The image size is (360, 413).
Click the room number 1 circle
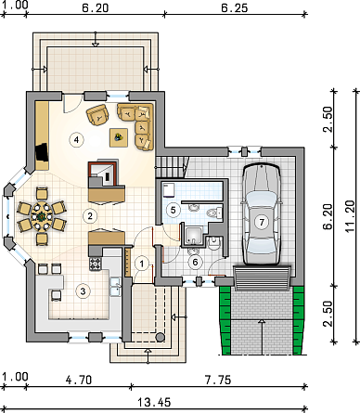[142, 264]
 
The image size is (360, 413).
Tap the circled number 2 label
[90, 215]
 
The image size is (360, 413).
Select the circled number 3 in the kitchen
[83, 291]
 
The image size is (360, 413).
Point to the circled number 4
[76, 139]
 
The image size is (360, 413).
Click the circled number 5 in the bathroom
[174, 210]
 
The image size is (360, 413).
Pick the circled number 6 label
[195, 263]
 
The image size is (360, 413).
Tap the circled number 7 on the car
[262, 222]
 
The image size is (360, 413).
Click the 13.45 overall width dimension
[154, 402]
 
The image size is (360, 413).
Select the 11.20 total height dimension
[350, 216]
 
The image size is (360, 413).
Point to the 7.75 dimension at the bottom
[218, 380]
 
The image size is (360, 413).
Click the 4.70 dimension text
[79, 380]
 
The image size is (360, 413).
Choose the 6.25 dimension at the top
[235, 8]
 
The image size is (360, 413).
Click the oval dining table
[42, 216]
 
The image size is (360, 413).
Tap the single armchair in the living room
[97, 115]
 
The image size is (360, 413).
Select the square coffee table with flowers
[119, 137]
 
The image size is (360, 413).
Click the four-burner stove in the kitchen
[96, 264]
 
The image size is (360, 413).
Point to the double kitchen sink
[116, 287]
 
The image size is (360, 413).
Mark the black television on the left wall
[42, 152]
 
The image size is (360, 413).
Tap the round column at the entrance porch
[160, 337]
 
